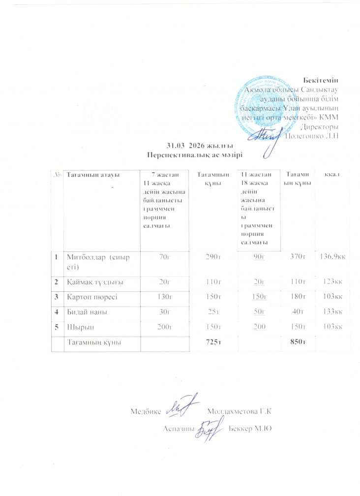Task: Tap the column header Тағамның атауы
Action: [x=93, y=174]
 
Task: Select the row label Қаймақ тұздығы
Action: [x=95, y=281]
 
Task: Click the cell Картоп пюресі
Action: [x=91, y=297]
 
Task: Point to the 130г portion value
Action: [x=165, y=297]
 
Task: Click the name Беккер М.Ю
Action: [x=251, y=428]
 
